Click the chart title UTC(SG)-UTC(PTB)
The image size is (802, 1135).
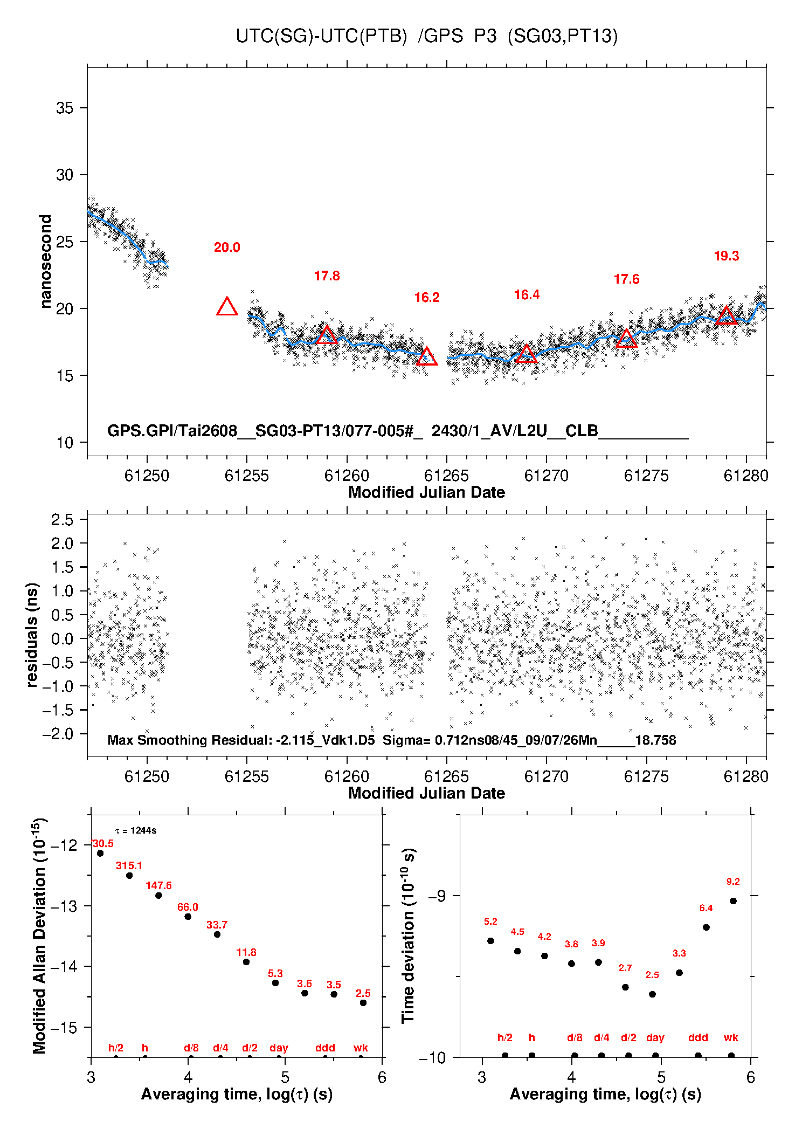point(321,36)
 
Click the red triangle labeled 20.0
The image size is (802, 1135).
point(227,307)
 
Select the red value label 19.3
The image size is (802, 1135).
point(727,256)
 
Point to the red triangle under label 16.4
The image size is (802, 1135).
point(527,354)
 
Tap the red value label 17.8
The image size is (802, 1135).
point(327,276)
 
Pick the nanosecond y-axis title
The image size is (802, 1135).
point(46,262)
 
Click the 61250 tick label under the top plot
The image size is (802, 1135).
point(147,476)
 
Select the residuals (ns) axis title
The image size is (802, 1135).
point(32,635)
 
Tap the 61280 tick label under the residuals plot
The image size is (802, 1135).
point(746,776)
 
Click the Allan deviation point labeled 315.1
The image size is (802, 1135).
point(129,876)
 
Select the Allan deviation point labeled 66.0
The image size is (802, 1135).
point(188,917)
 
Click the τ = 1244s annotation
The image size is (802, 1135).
point(136,831)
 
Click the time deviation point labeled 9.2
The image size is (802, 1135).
point(733,901)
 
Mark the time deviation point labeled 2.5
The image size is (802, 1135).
point(652,994)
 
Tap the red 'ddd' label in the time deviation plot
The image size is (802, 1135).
point(698,1037)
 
